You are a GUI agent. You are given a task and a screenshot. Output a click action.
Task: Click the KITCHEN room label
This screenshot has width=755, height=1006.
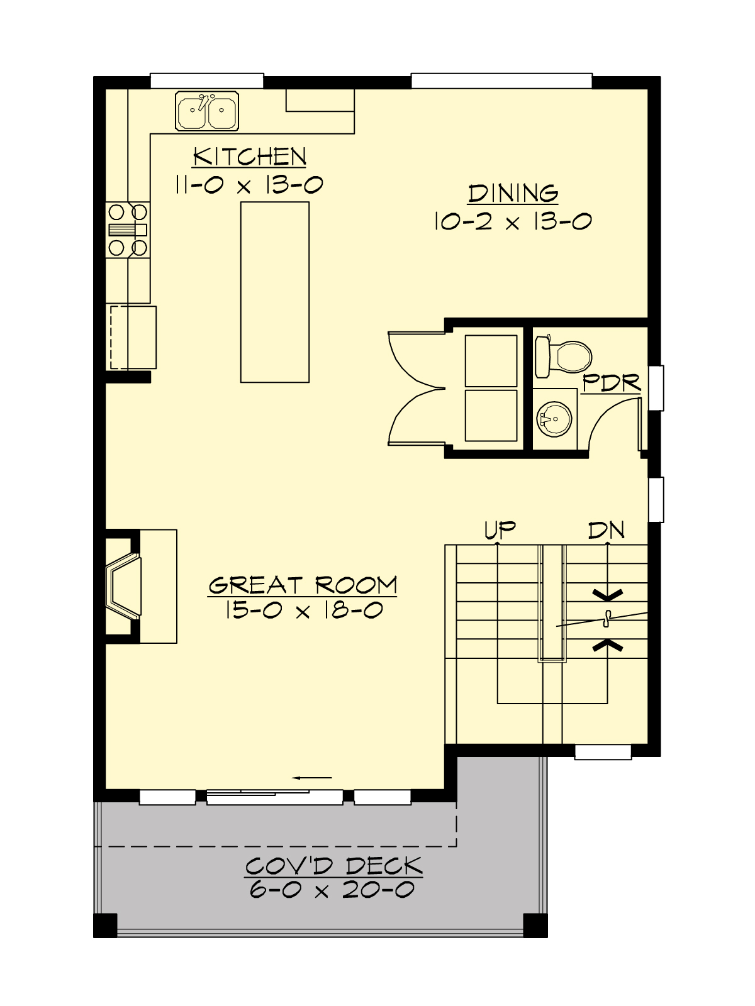pos(250,156)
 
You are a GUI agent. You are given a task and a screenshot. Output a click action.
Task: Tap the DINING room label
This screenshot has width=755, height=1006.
pos(513,193)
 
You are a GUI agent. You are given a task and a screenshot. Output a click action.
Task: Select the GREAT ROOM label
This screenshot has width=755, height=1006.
pos(303,585)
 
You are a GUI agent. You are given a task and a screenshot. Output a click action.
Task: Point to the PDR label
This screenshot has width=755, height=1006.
pos(610,382)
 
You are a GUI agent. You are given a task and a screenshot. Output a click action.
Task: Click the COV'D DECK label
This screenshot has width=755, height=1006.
pos(333,866)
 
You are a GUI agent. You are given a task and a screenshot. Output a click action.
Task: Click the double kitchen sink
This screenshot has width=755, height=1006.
pos(207,111)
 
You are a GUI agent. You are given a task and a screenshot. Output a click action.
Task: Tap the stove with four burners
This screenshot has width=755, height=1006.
pos(128,229)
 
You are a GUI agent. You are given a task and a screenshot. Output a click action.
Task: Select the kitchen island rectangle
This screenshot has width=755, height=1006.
pos(275,292)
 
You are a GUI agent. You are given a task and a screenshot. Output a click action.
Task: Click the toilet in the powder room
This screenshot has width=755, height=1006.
pos(563,357)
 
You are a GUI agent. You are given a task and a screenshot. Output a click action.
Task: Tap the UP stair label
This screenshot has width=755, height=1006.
pos(500,529)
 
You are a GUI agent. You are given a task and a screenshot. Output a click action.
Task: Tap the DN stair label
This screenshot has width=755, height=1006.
pos(606,530)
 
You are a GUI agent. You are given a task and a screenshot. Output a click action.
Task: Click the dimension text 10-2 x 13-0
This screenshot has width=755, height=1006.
pos(513,221)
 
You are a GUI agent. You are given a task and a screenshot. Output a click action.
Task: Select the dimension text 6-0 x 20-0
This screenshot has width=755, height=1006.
pos(332,890)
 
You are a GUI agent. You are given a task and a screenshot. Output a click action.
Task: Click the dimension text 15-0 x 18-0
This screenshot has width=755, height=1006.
pos(303,610)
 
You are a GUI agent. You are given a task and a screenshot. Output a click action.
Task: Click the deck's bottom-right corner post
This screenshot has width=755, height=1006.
pos(535,925)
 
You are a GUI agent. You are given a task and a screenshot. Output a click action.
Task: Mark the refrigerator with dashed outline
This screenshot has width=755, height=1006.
pos(133,337)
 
